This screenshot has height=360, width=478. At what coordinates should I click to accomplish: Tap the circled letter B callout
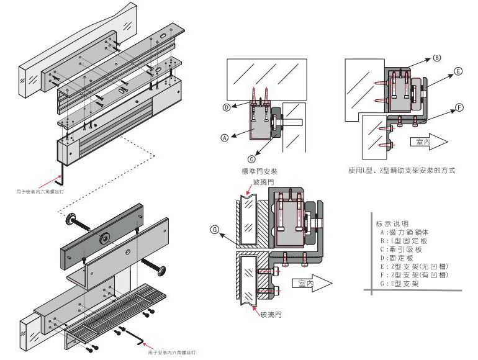pos(436,58)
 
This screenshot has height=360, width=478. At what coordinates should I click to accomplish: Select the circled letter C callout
pos(251,158)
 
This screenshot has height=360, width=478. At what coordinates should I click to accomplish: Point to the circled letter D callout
pos(227,107)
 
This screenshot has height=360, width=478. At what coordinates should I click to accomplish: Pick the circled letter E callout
pos(458,72)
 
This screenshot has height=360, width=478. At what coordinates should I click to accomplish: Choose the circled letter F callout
pos(458,107)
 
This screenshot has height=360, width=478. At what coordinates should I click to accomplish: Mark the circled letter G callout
pos(215,230)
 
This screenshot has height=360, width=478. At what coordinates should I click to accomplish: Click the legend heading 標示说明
pos(392,223)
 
